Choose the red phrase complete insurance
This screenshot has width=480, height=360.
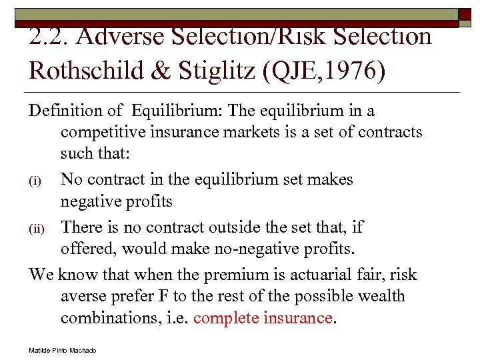pos(263,318)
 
